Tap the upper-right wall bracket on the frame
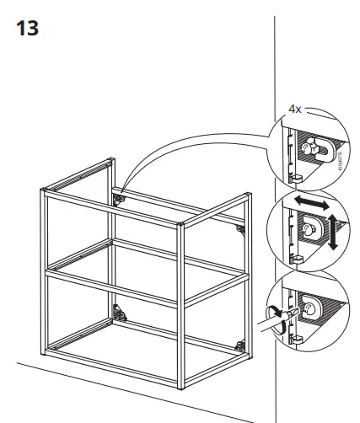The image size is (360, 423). (x=240, y=228)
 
